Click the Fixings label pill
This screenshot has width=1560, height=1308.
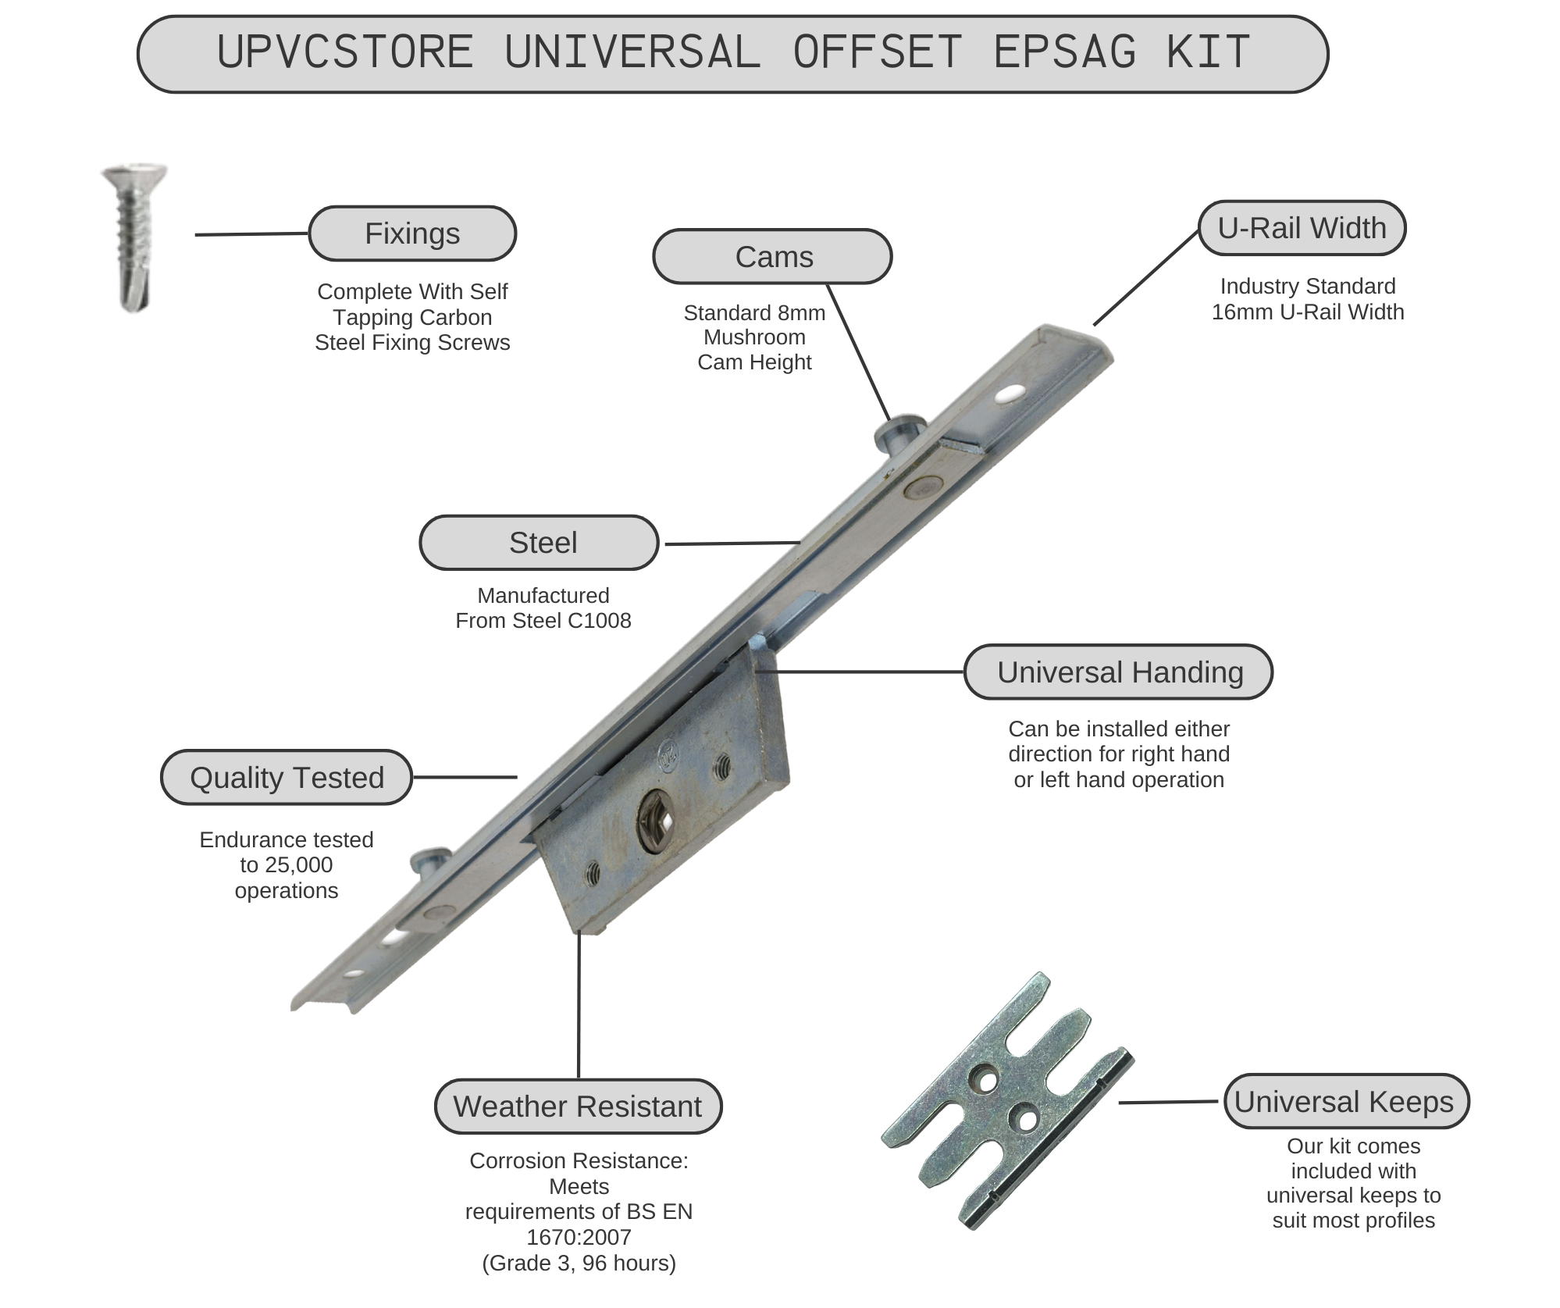tap(412, 233)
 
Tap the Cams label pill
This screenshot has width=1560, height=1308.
tap(772, 257)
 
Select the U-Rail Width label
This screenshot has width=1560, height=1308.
tap(1302, 228)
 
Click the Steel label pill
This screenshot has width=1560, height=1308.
tap(540, 543)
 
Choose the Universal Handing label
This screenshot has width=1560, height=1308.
tap(1118, 672)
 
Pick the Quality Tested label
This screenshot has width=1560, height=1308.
tap(287, 778)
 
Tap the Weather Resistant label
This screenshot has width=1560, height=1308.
tap(578, 1107)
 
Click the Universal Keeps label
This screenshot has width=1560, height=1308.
tap(1345, 1102)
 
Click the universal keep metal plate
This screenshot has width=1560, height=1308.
tap(1007, 1101)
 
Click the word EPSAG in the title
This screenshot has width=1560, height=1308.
tap(1064, 53)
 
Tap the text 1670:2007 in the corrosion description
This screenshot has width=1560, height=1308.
tap(579, 1237)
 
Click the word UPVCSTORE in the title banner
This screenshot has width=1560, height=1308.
tap(345, 53)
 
